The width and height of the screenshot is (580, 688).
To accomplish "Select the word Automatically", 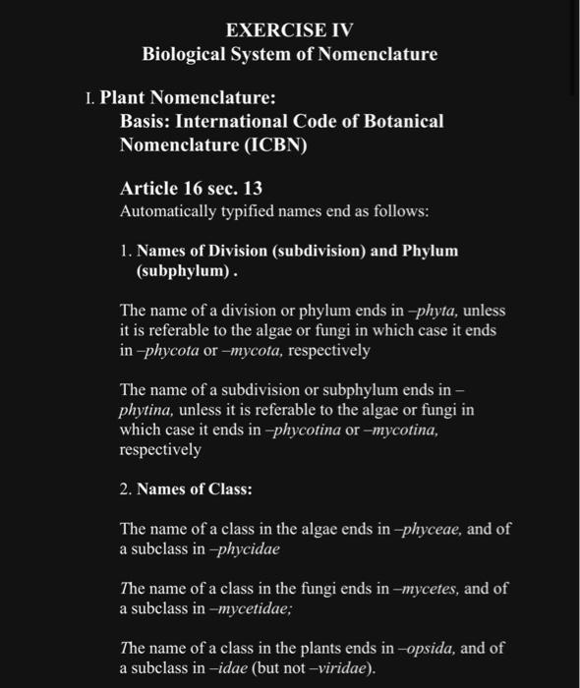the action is [166, 211].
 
